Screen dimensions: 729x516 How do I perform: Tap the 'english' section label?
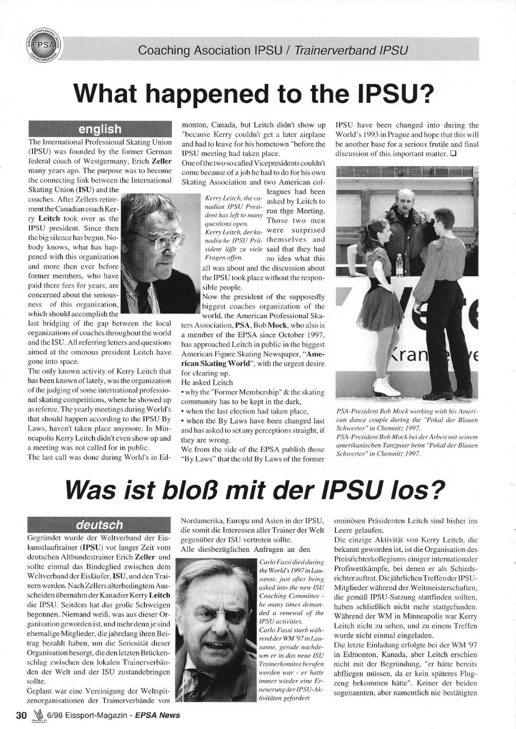tap(100, 129)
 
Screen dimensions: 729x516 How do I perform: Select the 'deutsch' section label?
tap(100, 525)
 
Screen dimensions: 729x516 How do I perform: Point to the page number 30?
tap(21, 715)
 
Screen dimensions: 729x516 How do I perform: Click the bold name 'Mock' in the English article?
tap(276, 326)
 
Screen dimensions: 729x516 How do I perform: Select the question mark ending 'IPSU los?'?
tap(438, 491)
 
